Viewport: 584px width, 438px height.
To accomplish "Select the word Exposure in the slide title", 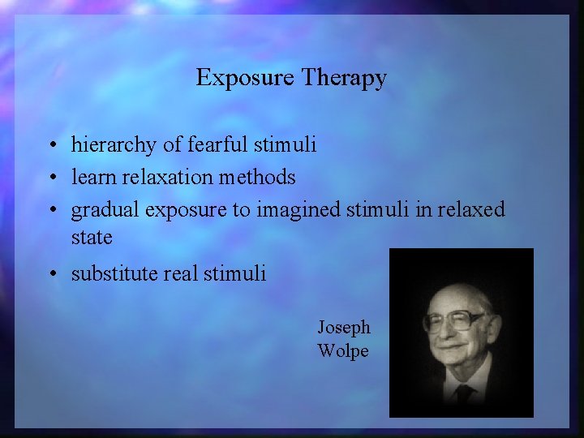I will [245, 79].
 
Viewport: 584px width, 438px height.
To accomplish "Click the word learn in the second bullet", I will [91, 177].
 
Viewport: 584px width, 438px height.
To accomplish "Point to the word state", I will [92, 238].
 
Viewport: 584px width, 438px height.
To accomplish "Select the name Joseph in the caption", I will [343, 328].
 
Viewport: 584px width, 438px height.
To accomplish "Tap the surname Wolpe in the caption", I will [343, 351].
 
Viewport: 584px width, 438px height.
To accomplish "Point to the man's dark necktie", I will [465, 395].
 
